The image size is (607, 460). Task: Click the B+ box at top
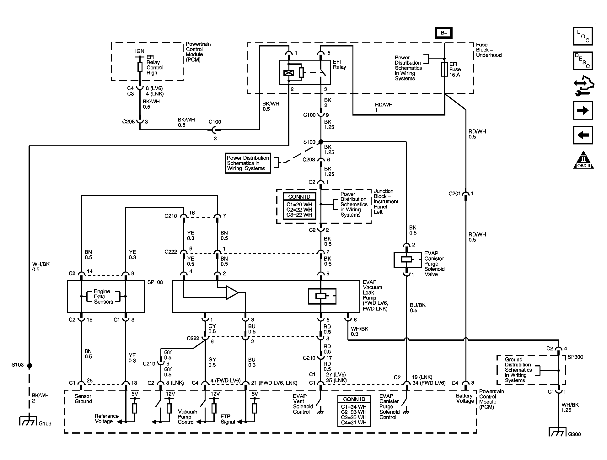(443, 33)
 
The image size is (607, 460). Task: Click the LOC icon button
(583, 36)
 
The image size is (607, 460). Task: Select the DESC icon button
(583, 61)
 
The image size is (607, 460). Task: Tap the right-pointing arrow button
(583, 110)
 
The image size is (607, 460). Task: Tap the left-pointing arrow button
(583, 135)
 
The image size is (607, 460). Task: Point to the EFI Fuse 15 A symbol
(444, 69)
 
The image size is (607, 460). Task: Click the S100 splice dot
(321, 142)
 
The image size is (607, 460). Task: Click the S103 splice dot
(29, 365)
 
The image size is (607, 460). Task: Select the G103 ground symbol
(29, 421)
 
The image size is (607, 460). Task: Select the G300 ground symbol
(557, 432)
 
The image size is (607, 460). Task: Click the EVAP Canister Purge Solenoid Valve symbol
(407, 259)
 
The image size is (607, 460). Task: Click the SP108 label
(155, 282)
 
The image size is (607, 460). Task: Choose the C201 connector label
(454, 194)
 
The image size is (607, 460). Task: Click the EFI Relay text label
(339, 64)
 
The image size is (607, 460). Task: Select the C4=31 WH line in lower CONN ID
(354, 422)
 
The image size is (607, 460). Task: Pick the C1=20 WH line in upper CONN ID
(299, 204)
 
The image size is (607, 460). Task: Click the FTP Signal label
(228, 419)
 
